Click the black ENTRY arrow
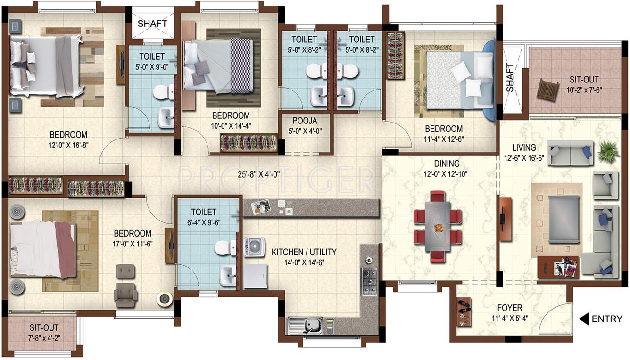click(x=584, y=319)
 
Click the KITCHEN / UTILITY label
click(x=304, y=252)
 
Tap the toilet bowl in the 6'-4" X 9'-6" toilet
click(x=223, y=248)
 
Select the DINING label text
click(x=447, y=164)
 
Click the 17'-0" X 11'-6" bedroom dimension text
click(x=133, y=244)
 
